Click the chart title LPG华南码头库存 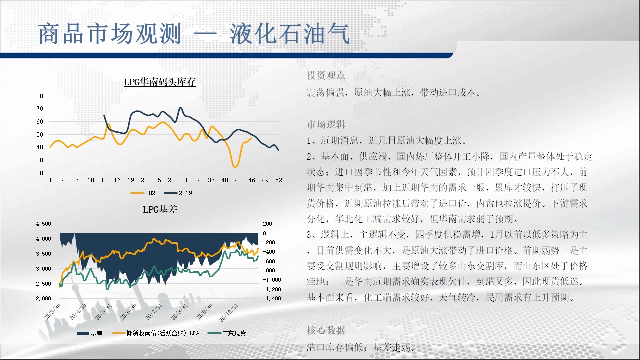click(x=160, y=82)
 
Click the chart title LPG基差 click(x=160, y=209)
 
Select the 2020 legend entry click(x=145, y=193)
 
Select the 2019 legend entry click(x=178, y=193)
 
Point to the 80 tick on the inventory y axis click(x=40, y=96)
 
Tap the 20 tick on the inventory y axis click(x=40, y=173)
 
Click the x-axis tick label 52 click(x=279, y=180)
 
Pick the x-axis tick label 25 click(x=158, y=180)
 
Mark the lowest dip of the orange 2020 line click(x=235, y=167)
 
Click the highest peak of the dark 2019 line click(x=180, y=107)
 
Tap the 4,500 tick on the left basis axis click(x=43, y=224)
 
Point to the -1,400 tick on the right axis click(x=272, y=298)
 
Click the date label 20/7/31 click(x=154, y=312)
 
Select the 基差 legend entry click(x=89, y=333)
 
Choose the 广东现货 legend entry click(x=227, y=333)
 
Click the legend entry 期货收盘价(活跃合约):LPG click(x=155, y=333)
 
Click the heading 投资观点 click(x=326, y=75)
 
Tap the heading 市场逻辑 click(x=326, y=124)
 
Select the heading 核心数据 click(x=326, y=330)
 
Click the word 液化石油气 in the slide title click(x=290, y=34)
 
